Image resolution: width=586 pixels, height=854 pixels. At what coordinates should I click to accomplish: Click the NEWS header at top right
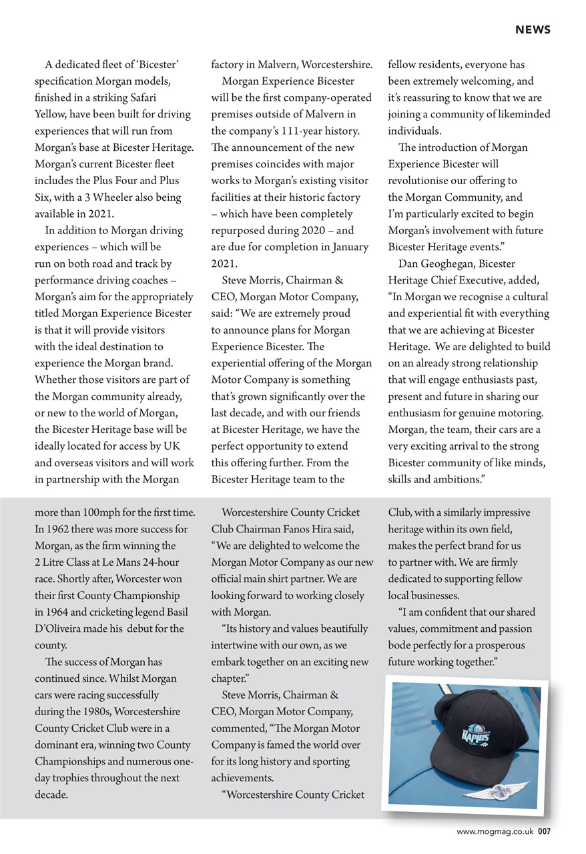pyautogui.click(x=532, y=30)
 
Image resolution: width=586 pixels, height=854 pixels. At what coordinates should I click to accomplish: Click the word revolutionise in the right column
pyautogui.click(x=421, y=181)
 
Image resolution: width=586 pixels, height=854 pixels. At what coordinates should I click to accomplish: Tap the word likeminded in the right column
pyautogui.click(x=521, y=115)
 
